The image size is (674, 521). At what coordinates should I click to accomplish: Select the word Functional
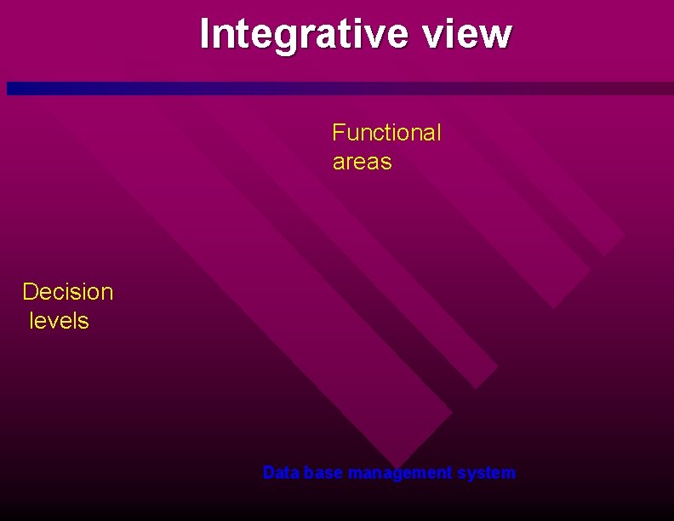click(386, 133)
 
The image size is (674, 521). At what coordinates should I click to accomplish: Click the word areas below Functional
click(362, 162)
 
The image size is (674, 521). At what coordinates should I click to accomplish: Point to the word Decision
click(67, 292)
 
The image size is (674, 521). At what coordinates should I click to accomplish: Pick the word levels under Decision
click(59, 321)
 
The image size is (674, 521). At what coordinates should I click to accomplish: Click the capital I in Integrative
click(204, 34)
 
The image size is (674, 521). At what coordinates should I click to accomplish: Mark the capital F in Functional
click(338, 133)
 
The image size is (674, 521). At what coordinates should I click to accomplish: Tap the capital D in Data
click(268, 472)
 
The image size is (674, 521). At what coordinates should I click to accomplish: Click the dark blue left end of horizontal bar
click(14, 89)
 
